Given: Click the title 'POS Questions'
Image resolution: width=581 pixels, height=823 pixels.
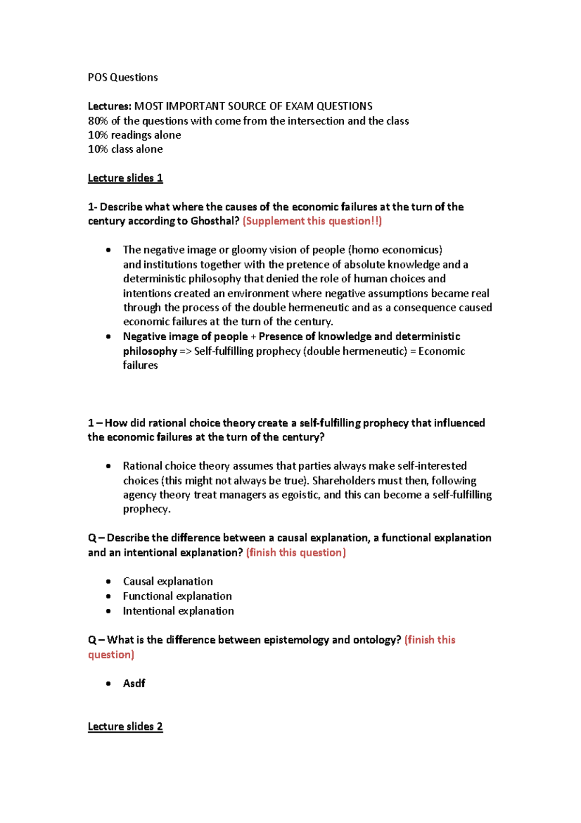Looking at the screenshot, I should click(x=122, y=78).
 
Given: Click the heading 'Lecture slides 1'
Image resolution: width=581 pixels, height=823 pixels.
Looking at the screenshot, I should click(x=125, y=178).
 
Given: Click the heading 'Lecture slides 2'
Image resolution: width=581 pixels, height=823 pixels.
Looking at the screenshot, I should click(x=125, y=727).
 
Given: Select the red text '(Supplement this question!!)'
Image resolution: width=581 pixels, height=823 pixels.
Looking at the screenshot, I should click(x=312, y=222).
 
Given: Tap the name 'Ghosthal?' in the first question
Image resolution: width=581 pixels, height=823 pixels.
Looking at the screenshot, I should click(x=215, y=222).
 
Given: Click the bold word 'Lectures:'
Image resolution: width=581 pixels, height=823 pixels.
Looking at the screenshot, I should click(x=109, y=106).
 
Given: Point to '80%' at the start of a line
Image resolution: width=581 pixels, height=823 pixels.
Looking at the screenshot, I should click(x=98, y=121).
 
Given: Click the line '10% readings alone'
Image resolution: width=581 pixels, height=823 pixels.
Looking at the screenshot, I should click(x=134, y=135).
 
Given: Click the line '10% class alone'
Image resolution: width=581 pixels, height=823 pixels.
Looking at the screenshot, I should click(x=125, y=149).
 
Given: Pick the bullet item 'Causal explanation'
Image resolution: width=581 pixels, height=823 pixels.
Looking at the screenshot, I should click(x=168, y=582).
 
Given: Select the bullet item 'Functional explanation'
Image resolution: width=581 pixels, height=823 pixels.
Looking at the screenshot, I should click(x=177, y=596).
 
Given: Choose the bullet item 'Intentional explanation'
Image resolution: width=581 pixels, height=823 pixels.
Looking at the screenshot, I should click(x=178, y=611).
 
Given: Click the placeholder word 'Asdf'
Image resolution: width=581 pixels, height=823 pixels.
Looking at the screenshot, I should click(x=134, y=683).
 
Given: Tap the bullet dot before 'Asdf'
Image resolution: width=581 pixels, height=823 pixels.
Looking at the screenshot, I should click(x=108, y=684).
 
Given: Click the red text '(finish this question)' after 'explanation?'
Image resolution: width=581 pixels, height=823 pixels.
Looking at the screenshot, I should click(x=296, y=553).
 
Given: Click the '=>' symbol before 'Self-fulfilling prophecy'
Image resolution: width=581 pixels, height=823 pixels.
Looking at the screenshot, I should click(x=185, y=351).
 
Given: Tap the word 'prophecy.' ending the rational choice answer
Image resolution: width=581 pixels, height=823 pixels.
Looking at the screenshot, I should click(x=147, y=509).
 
